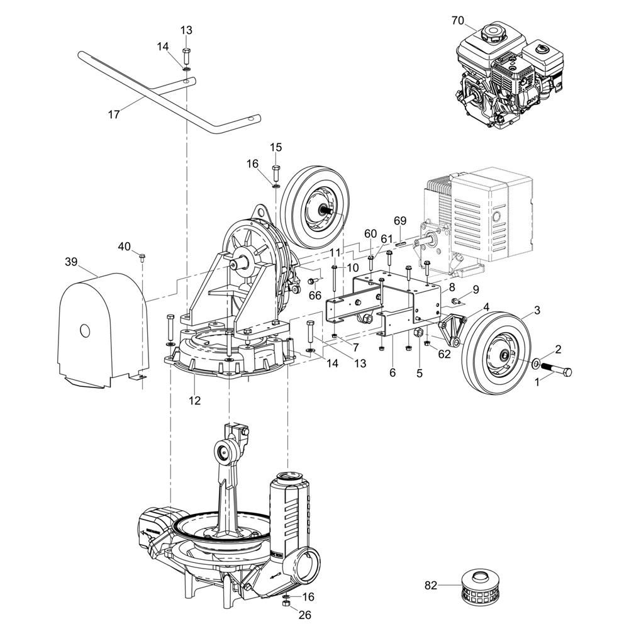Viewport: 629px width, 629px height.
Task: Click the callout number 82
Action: point(431,586)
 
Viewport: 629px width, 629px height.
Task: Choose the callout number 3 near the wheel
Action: point(537,310)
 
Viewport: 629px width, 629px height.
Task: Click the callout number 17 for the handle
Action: point(114,115)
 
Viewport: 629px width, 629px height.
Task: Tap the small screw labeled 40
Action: point(142,257)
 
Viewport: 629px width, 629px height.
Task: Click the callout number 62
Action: point(444,354)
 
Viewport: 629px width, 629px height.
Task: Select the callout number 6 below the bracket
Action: point(392,373)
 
